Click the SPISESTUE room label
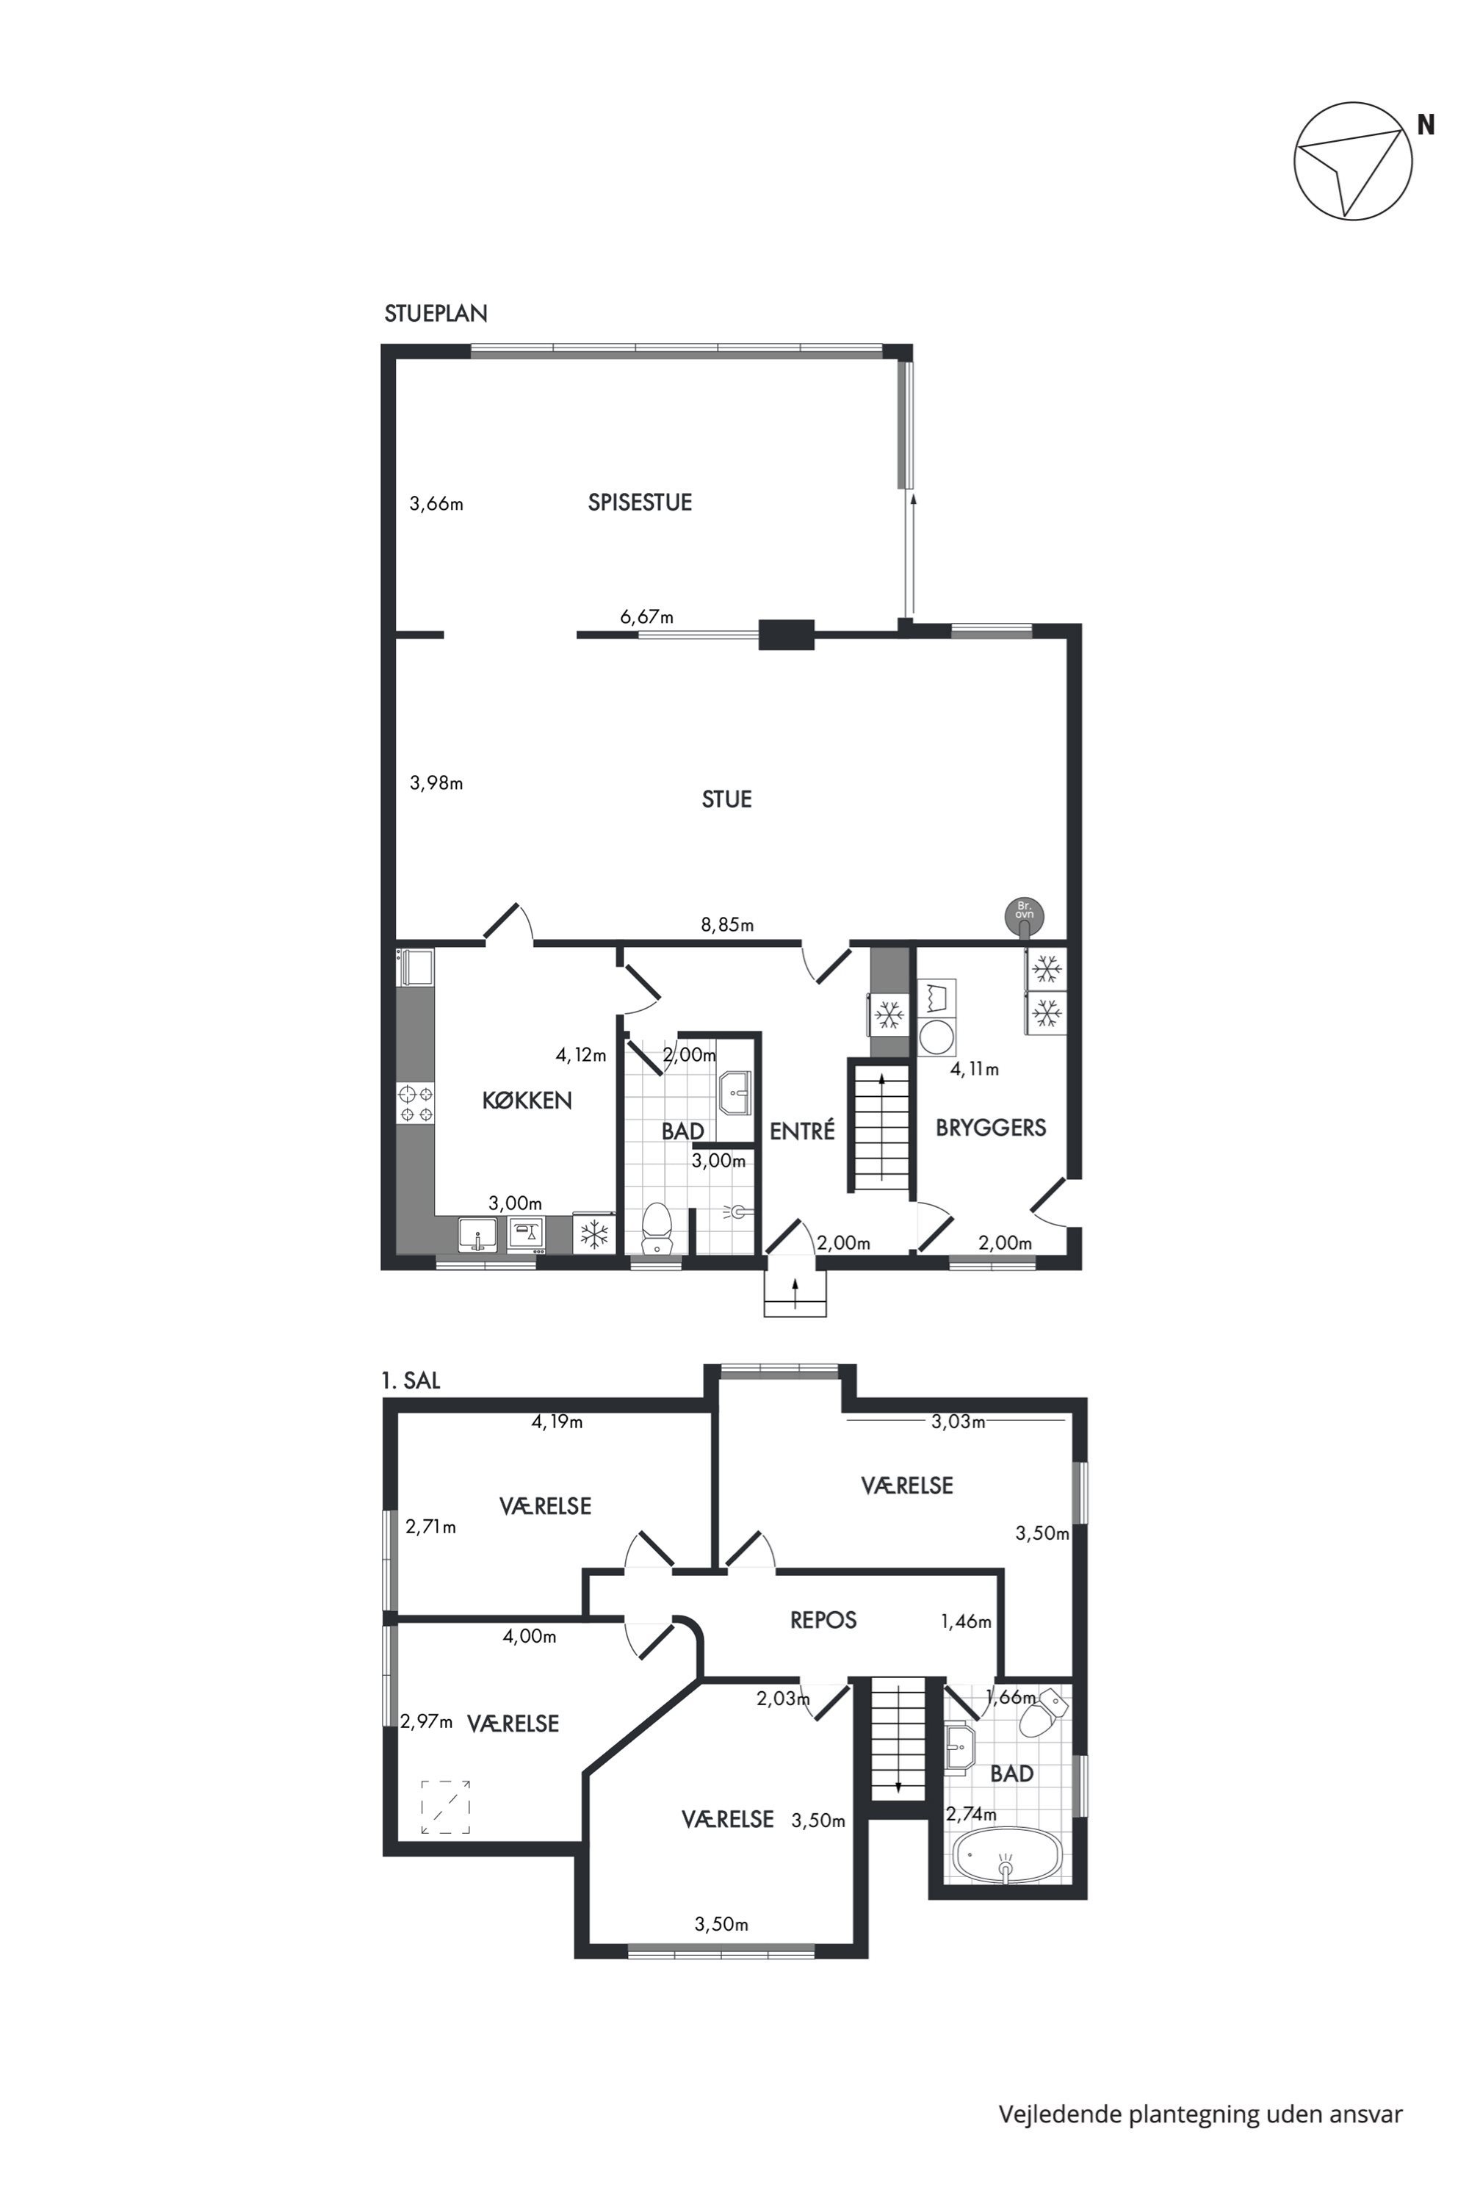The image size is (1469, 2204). pos(640,503)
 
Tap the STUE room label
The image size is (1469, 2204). pos(727,799)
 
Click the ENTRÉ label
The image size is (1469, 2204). pos(802,1131)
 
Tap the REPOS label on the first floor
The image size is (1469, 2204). pos(823,1620)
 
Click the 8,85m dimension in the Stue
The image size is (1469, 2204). pos(727,926)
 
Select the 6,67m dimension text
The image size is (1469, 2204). pos(646,618)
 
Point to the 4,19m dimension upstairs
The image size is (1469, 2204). pos(557,1422)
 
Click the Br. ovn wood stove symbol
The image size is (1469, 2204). pos(1024,915)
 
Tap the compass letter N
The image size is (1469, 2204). pos(1425,125)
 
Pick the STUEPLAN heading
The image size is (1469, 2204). pos(436,314)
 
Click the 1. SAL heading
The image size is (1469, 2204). pos(411,1380)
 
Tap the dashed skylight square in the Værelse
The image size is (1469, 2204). pos(445,1807)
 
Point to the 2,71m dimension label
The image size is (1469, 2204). pos(431,1527)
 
